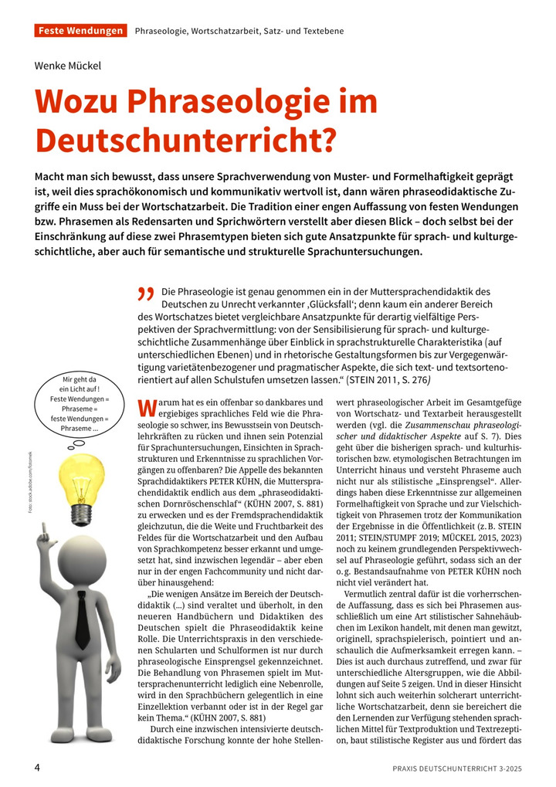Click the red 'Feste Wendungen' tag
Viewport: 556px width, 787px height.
(x=80, y=31)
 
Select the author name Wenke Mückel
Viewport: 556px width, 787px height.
(x=68, y=66)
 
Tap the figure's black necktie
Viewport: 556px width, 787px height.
(x=82, y=618)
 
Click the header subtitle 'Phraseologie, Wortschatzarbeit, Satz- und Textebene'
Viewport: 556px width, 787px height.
(x=239, y=31)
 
